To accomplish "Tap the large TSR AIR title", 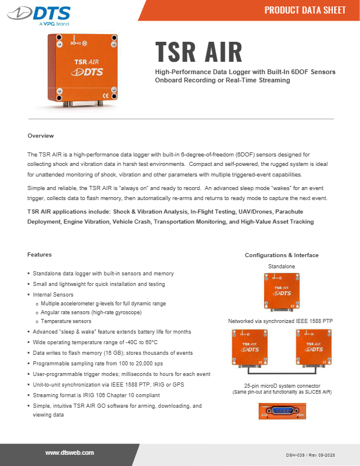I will [199, 52].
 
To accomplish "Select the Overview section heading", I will [41, 136].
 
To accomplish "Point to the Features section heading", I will [39, 254].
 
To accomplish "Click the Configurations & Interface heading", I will [282, 255].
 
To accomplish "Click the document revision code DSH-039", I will [318, 455].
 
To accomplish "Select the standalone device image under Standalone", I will [282, 291].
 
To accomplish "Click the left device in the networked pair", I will [250, 350].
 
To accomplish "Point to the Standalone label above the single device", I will [282, 267].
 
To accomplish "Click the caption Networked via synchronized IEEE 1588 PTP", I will [281, 322].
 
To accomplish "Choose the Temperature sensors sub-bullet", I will [66, 322].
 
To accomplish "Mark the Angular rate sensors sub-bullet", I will [91, 312].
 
